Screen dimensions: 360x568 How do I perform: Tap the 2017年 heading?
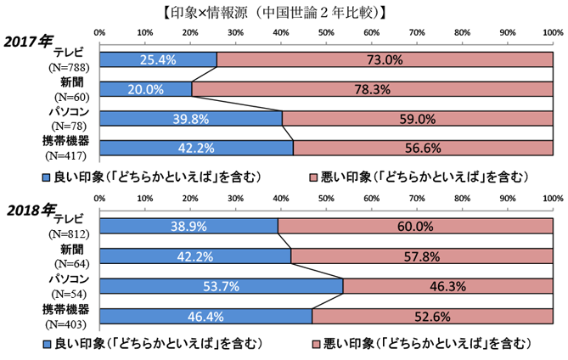(31, 41)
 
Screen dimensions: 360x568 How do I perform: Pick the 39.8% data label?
(191, 119)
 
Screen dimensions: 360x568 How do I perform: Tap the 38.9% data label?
(188, 226)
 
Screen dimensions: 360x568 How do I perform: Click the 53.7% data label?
(222, 286)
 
